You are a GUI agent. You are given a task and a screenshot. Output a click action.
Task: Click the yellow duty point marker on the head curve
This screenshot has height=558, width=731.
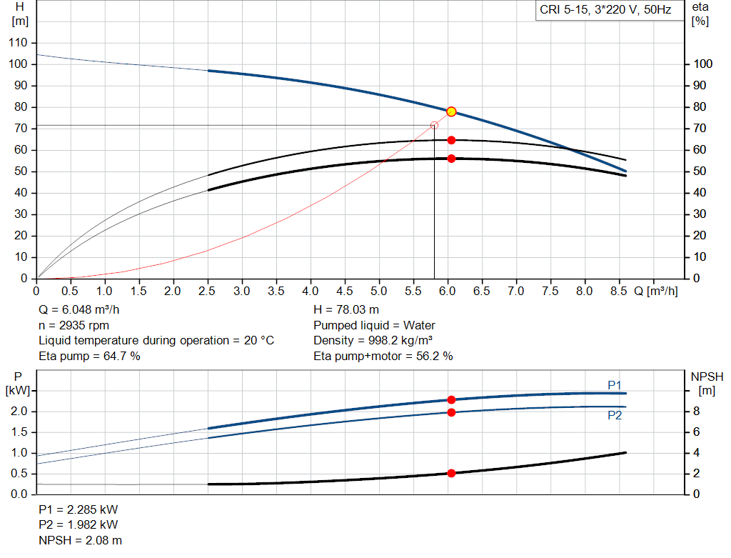pyautogui.click(x=451, y=111)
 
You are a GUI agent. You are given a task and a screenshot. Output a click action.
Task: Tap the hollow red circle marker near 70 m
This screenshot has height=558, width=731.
pyautogui.click(x=434, y=126)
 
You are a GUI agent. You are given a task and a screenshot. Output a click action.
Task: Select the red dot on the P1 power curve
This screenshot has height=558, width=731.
pyautogui.click(x=451, y=400)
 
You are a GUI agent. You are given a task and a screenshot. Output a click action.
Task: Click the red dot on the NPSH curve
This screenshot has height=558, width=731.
pyautogui.click(x=451, y=473)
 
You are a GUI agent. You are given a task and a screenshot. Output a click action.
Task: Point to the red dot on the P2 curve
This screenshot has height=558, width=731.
pyautogui.click(x=451, y=412)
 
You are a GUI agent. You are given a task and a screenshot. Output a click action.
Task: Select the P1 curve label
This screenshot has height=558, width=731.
pyautogui.click(x=615, y=385)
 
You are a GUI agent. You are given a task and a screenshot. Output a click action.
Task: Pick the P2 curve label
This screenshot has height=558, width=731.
pyautogui.click(x=615, y=415)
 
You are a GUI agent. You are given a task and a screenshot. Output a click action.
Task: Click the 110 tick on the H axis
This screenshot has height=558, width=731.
pyautogui.click(x=18, y=42)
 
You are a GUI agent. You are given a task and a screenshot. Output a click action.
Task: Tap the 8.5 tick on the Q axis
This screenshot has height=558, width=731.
pyautogui.click(x=619, y=291)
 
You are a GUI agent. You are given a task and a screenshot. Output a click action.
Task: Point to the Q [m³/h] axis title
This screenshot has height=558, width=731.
pyautogui.click(x=656, y=291)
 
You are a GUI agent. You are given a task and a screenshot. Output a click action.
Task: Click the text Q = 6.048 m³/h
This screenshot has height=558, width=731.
pyautogui.click(x=79, y=310)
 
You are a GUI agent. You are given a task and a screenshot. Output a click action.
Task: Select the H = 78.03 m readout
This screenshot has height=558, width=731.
pyautogui.click(x=346, y=310)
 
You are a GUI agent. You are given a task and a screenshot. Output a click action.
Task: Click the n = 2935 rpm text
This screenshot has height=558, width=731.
pyautogui.click(x=74, y=325)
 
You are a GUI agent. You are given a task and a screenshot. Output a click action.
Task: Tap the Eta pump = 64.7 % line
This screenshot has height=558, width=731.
pyautogui.click(x=89, y=356)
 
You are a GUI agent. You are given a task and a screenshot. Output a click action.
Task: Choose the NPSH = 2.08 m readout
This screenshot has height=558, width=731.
pyautogui.click(x=80, y=540)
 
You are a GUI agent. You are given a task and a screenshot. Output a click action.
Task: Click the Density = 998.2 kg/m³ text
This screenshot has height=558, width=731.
pyautogui.click(x=373, y=341)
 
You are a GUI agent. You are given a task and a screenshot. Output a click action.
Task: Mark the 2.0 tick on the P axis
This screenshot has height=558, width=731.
pyautogui.click(x=19, y=411)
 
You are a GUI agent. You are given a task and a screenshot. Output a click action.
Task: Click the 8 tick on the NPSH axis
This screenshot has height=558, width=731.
pyautogui.click(x=696, y=411)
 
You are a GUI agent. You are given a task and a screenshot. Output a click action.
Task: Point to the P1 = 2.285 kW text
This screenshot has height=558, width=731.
pyautogui.click(x=79, y=509)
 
